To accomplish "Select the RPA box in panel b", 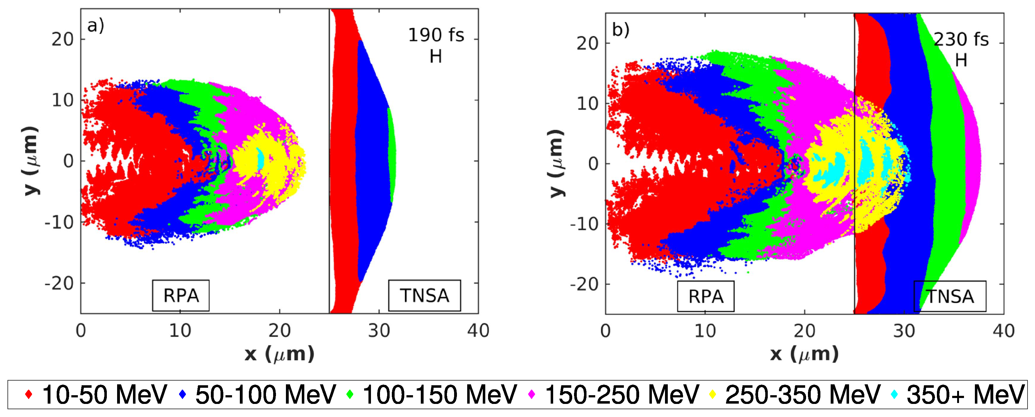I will [x=705, y=297].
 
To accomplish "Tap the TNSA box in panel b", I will [x=950, y=297].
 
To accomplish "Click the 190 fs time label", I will [x=436, y=35].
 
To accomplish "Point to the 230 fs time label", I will [x=961, y=39].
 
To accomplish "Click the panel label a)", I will [x=96, y=26].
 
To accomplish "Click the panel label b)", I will [x=620, y=30].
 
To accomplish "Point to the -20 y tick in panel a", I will [x=59, y=283].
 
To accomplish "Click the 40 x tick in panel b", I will [x=1003, y=331].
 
